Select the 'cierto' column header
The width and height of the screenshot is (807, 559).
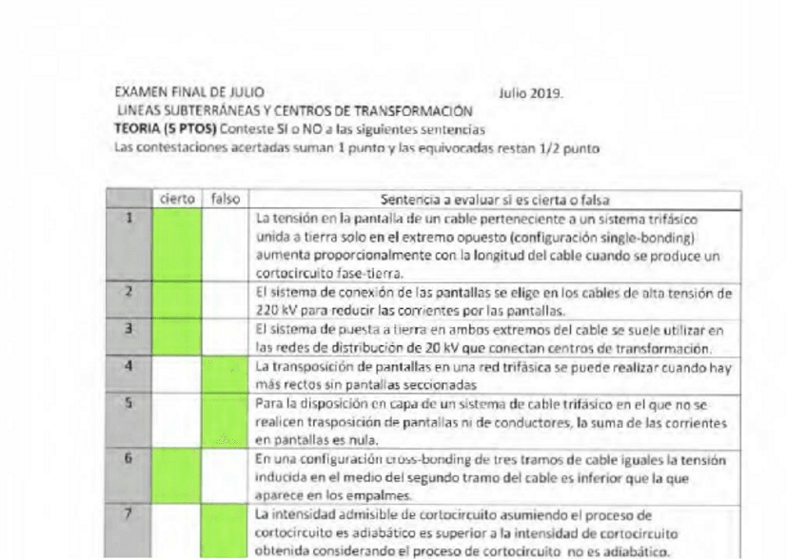pyautogui.click(x=177, y=200)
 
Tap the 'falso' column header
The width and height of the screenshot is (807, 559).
pyautogui.click(x=226, y=200)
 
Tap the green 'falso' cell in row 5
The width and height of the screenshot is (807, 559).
pyautogui.click(x=226, y=421)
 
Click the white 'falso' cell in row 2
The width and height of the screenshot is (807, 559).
pyautogui.click(x=226, y=301)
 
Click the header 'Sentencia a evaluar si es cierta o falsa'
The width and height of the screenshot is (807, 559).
pyautogui.click(x=495, y=200)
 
